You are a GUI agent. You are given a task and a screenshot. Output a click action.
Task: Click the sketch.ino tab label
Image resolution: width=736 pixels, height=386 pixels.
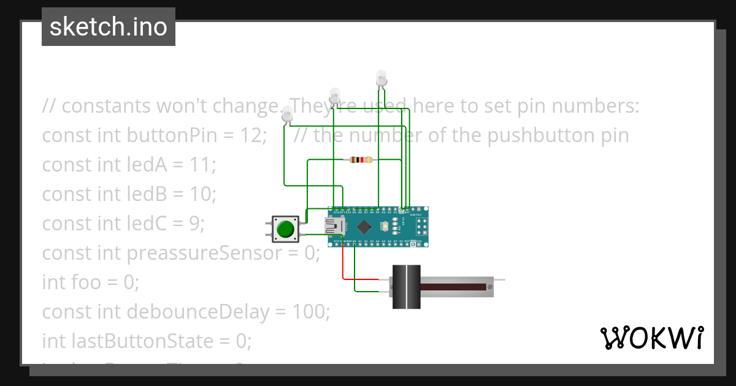tap(109, 27)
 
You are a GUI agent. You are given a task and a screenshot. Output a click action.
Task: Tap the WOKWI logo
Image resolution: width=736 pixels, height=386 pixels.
tap(651, 338)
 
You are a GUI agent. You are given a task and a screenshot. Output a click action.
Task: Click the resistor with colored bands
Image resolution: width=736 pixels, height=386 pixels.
tap(361, 160)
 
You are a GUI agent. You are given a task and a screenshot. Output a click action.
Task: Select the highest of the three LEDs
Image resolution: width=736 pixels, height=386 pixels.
tap(381, 78)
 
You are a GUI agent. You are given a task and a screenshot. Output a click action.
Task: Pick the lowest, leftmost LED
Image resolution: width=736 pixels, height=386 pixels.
tap(286, 115)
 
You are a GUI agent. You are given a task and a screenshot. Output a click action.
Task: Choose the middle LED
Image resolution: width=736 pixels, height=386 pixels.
tap(334, 96)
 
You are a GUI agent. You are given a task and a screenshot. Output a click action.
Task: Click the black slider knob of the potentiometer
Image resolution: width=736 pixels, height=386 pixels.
tap(406, 287)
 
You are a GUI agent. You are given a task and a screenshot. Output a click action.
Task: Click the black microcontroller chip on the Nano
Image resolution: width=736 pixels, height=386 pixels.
tap(364, 227)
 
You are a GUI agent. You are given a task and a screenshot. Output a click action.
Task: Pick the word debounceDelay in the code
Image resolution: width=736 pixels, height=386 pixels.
tap(197, 312)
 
